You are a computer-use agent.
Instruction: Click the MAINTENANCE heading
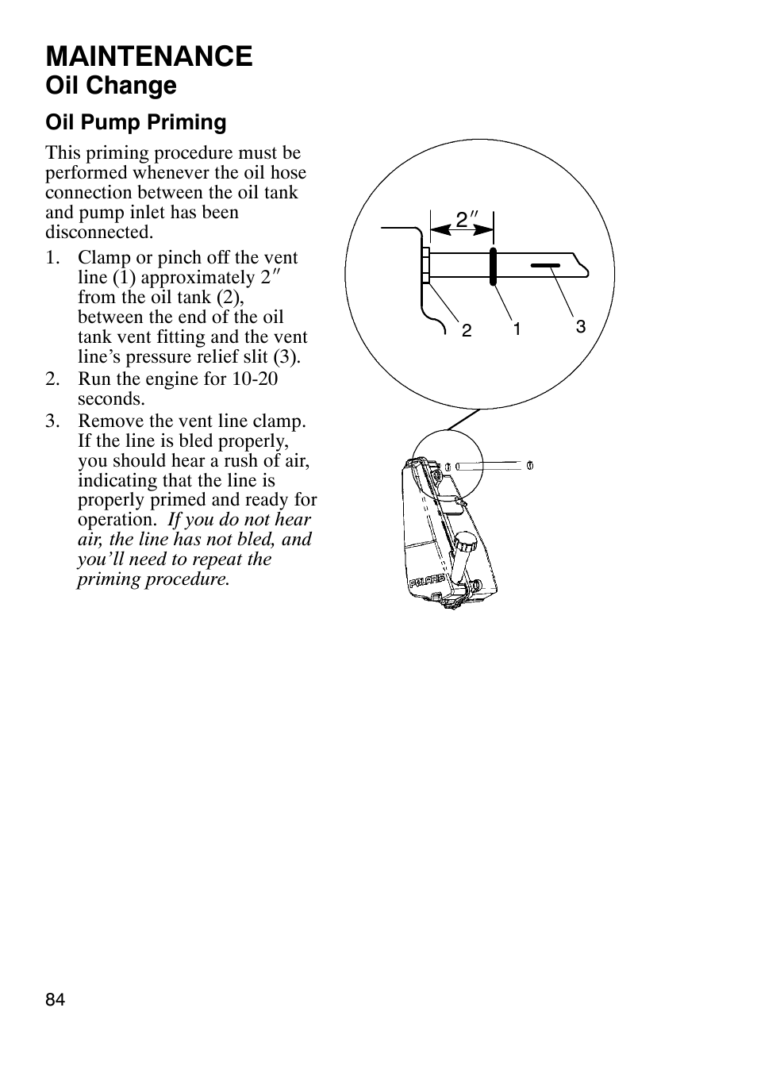[149, 56]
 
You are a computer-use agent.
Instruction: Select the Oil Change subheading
[111, 86]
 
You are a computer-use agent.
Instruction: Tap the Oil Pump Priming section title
[136, 122]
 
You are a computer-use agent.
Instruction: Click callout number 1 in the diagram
[517, 329]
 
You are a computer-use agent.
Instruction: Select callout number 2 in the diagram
[467, 331]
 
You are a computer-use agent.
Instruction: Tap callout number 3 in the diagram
[580, 326]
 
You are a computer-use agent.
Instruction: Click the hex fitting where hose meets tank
[426, 265]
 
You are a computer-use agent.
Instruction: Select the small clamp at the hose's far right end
[529, 464]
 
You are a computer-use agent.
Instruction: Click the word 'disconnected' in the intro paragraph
[98, 233]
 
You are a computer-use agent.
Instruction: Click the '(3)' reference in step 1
[286, 357]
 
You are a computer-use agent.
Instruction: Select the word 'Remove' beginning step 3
[109, 421]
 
